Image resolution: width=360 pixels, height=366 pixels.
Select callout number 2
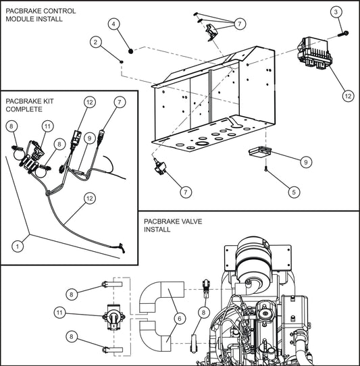(98, 42)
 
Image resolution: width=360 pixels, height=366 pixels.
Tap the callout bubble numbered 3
(336, 12)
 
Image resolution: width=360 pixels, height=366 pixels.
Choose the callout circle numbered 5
(292, 192)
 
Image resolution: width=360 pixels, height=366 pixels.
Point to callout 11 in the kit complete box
(47, 126)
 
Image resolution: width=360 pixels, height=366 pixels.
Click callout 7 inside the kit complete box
(120, 102)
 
